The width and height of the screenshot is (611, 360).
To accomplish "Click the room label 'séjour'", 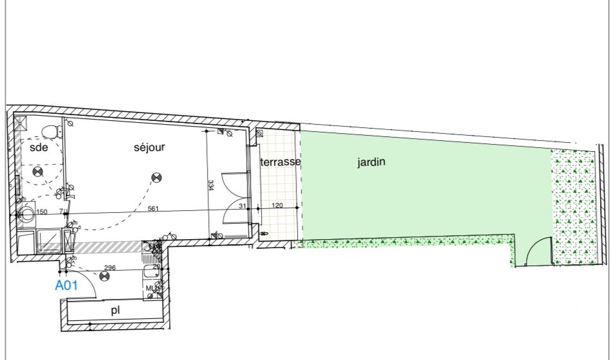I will [x=149, y=147].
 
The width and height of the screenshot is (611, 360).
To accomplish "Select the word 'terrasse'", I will [x=280, y=162].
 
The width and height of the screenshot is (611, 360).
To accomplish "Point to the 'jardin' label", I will [x=371, y=162].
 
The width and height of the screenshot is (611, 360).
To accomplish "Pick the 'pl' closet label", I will [x=115, y=310].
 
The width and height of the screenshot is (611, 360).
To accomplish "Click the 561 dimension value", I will [x=153, y=208].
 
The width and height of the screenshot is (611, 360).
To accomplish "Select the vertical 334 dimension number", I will [x=211, y=186].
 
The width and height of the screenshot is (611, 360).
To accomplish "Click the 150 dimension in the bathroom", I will [x=42, y=212].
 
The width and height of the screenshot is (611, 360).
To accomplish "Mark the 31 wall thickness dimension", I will [x=242, y=206].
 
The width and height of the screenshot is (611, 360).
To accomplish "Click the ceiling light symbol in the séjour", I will [x=155, y=177].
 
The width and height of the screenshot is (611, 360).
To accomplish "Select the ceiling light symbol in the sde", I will [x=37, y=171].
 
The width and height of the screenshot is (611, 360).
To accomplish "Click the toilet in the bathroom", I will [x=50, y=131].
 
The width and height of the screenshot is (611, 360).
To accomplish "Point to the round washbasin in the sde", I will [x=27, y=214].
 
